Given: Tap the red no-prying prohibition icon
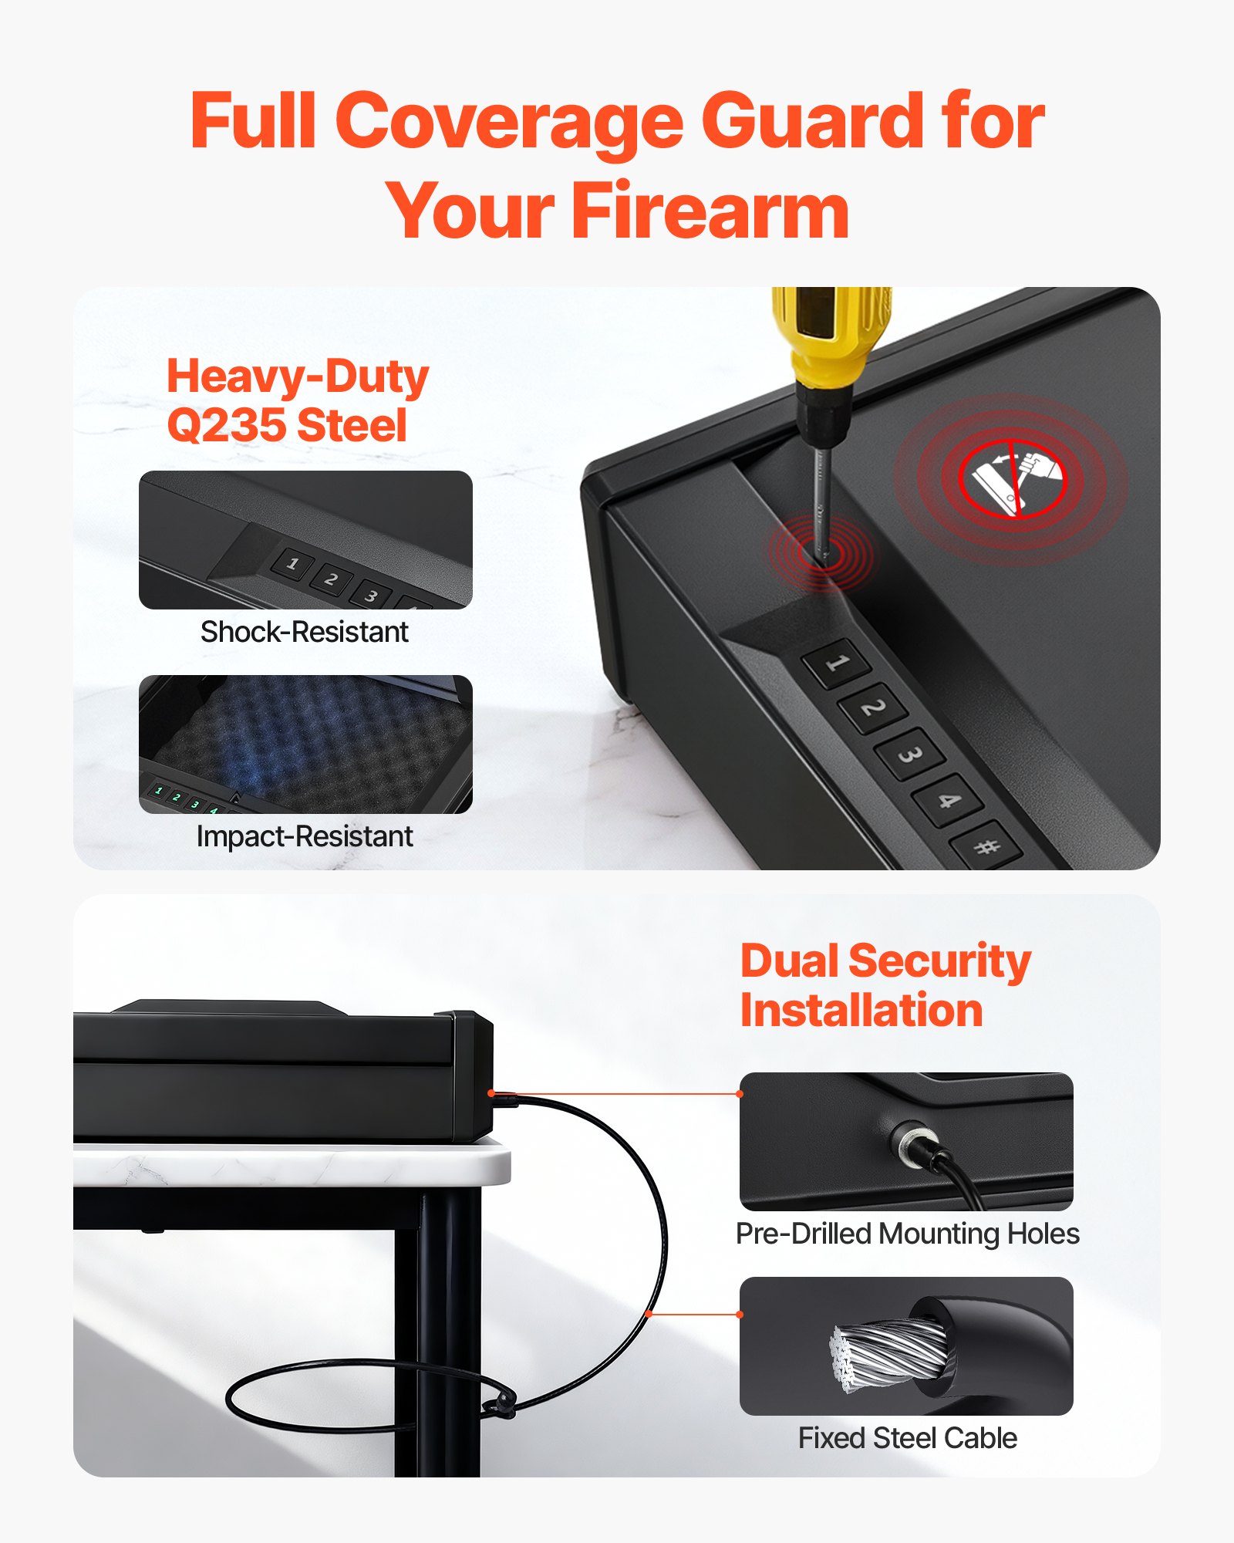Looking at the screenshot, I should point(1011,479).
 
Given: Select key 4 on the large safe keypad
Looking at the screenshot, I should point(947,800).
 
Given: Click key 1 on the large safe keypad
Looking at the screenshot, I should point(837,663).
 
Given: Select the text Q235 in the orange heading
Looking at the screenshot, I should point(227,426).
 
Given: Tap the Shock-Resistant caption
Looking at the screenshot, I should point(305,632).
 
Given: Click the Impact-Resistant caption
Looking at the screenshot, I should point(305,836).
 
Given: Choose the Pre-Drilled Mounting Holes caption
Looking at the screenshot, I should point(907,1234).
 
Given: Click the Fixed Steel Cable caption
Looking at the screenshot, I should point(907,1438).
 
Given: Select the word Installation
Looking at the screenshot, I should point(861,1011).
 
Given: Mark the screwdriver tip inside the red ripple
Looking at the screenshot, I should point(823,552).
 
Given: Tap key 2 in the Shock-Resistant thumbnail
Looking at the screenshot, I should point(332,579).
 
